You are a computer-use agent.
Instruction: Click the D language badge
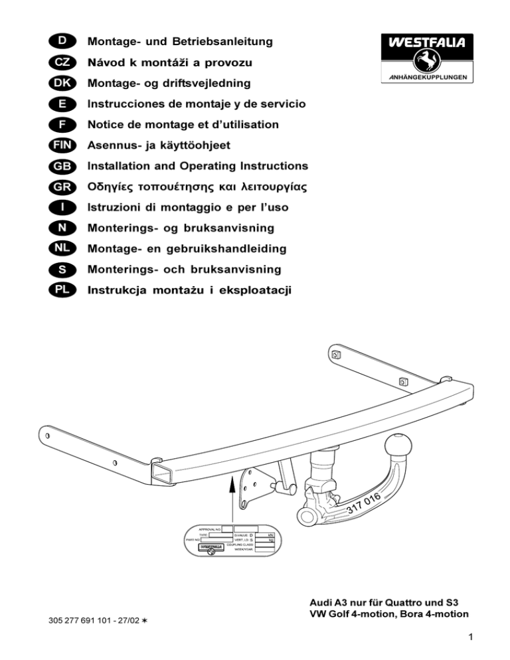60,42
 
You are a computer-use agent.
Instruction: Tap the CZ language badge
60,62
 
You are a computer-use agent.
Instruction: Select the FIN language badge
60,145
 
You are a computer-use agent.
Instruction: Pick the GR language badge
60,187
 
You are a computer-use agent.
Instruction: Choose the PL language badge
60,290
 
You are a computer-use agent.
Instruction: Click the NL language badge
60,249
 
